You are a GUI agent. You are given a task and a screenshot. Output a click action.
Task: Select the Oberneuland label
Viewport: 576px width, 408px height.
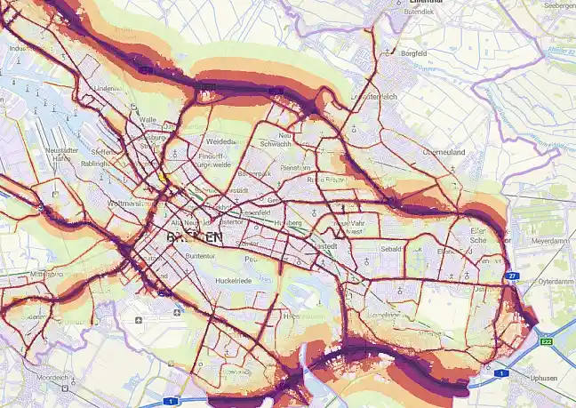tap(444, 152)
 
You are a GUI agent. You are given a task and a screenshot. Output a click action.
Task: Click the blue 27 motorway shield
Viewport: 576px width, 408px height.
tap(513, 276)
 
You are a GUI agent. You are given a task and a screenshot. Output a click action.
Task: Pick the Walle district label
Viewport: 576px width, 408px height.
tap(148, 119)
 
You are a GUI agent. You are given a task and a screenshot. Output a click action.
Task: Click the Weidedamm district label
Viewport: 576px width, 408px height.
tap(220, 141)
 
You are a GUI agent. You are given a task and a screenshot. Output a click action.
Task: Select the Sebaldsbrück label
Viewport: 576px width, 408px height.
tap(393, 252)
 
